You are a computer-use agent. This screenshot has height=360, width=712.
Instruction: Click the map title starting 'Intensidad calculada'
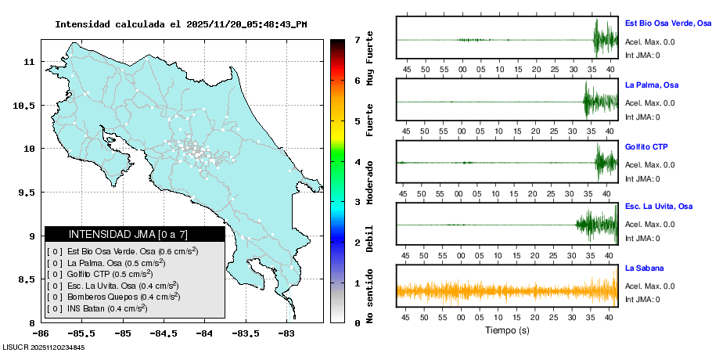point(181,24)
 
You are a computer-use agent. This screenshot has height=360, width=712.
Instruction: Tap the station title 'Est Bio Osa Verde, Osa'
point(667,23)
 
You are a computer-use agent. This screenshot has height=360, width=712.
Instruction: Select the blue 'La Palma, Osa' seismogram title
point(651,85)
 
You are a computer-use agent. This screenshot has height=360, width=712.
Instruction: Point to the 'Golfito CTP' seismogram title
point(646,146)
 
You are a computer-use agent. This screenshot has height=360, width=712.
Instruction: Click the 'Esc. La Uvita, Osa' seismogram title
point(659,207)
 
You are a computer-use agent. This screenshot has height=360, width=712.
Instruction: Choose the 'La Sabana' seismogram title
point(644,268)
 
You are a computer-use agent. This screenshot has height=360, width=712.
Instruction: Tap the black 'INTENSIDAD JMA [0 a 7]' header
point(135,234)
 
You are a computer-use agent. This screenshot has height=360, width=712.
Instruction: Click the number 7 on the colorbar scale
point(357,39)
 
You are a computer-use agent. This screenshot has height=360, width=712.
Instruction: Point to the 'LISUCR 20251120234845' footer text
point(44,347)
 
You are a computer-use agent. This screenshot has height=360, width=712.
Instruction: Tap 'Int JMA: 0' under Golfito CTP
point(642,178)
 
